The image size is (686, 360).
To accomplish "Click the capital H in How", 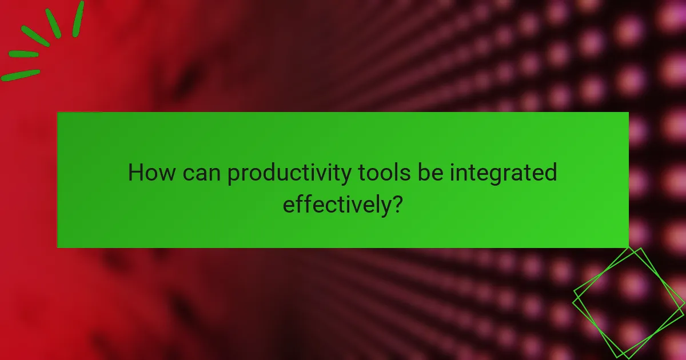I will point(135,172).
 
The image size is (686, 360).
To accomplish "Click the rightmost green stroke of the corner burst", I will point(78,18).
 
